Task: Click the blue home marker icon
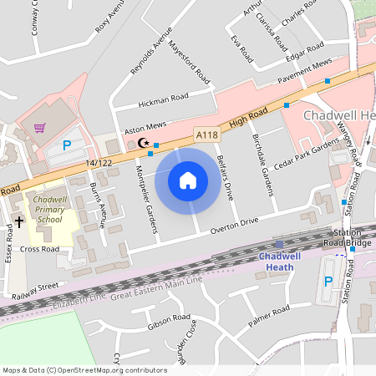coord(188,179)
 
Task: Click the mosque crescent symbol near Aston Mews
coord(141,142)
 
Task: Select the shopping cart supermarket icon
coord(39,127)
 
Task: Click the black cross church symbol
coord(19,221)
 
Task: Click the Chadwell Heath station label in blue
coord(278,261)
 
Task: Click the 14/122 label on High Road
coord(98,162)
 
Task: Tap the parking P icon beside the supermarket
coord(66,145)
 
